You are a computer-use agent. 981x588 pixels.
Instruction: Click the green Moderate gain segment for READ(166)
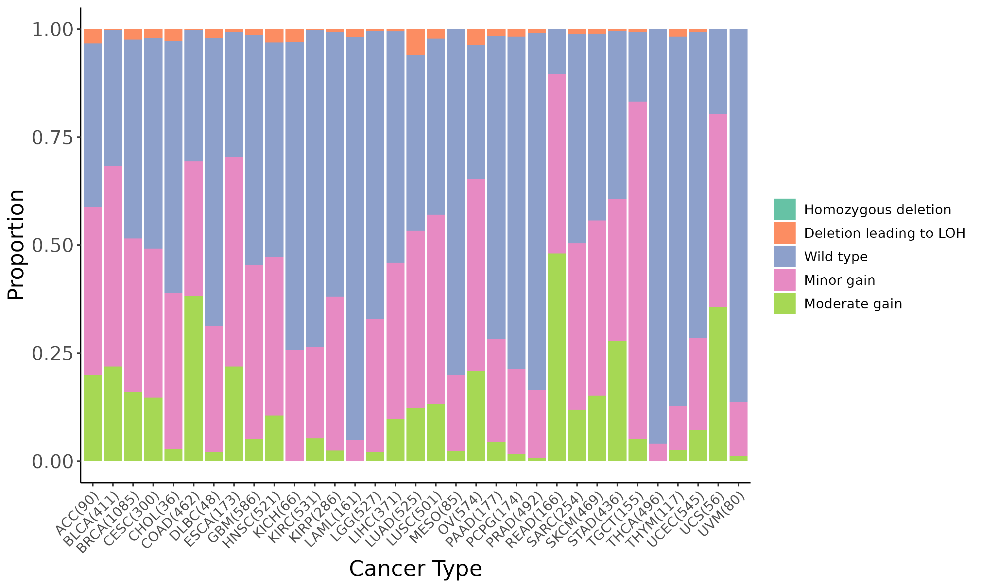click(557, 357)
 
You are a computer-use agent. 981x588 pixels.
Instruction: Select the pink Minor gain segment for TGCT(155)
click(638, 269)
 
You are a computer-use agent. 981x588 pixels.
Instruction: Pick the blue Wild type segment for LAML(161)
click(355, 238)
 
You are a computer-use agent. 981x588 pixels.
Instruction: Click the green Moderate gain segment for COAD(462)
click(194, 378)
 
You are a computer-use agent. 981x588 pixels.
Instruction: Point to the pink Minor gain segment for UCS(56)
click(718, 210)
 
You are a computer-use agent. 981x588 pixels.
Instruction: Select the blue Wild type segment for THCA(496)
click(658, 236)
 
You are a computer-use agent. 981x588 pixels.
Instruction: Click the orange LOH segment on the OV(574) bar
click(476, 37)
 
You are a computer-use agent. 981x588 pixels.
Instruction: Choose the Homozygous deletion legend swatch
click(784, 209)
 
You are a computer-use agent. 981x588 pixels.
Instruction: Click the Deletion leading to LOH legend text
click(884, 233)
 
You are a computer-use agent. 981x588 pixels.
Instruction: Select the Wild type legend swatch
click(784, 256)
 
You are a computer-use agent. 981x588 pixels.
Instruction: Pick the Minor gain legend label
click(839, 280)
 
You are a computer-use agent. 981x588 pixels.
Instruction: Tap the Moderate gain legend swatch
click(784, 303)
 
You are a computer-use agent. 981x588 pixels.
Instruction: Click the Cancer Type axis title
click(415, 569)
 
